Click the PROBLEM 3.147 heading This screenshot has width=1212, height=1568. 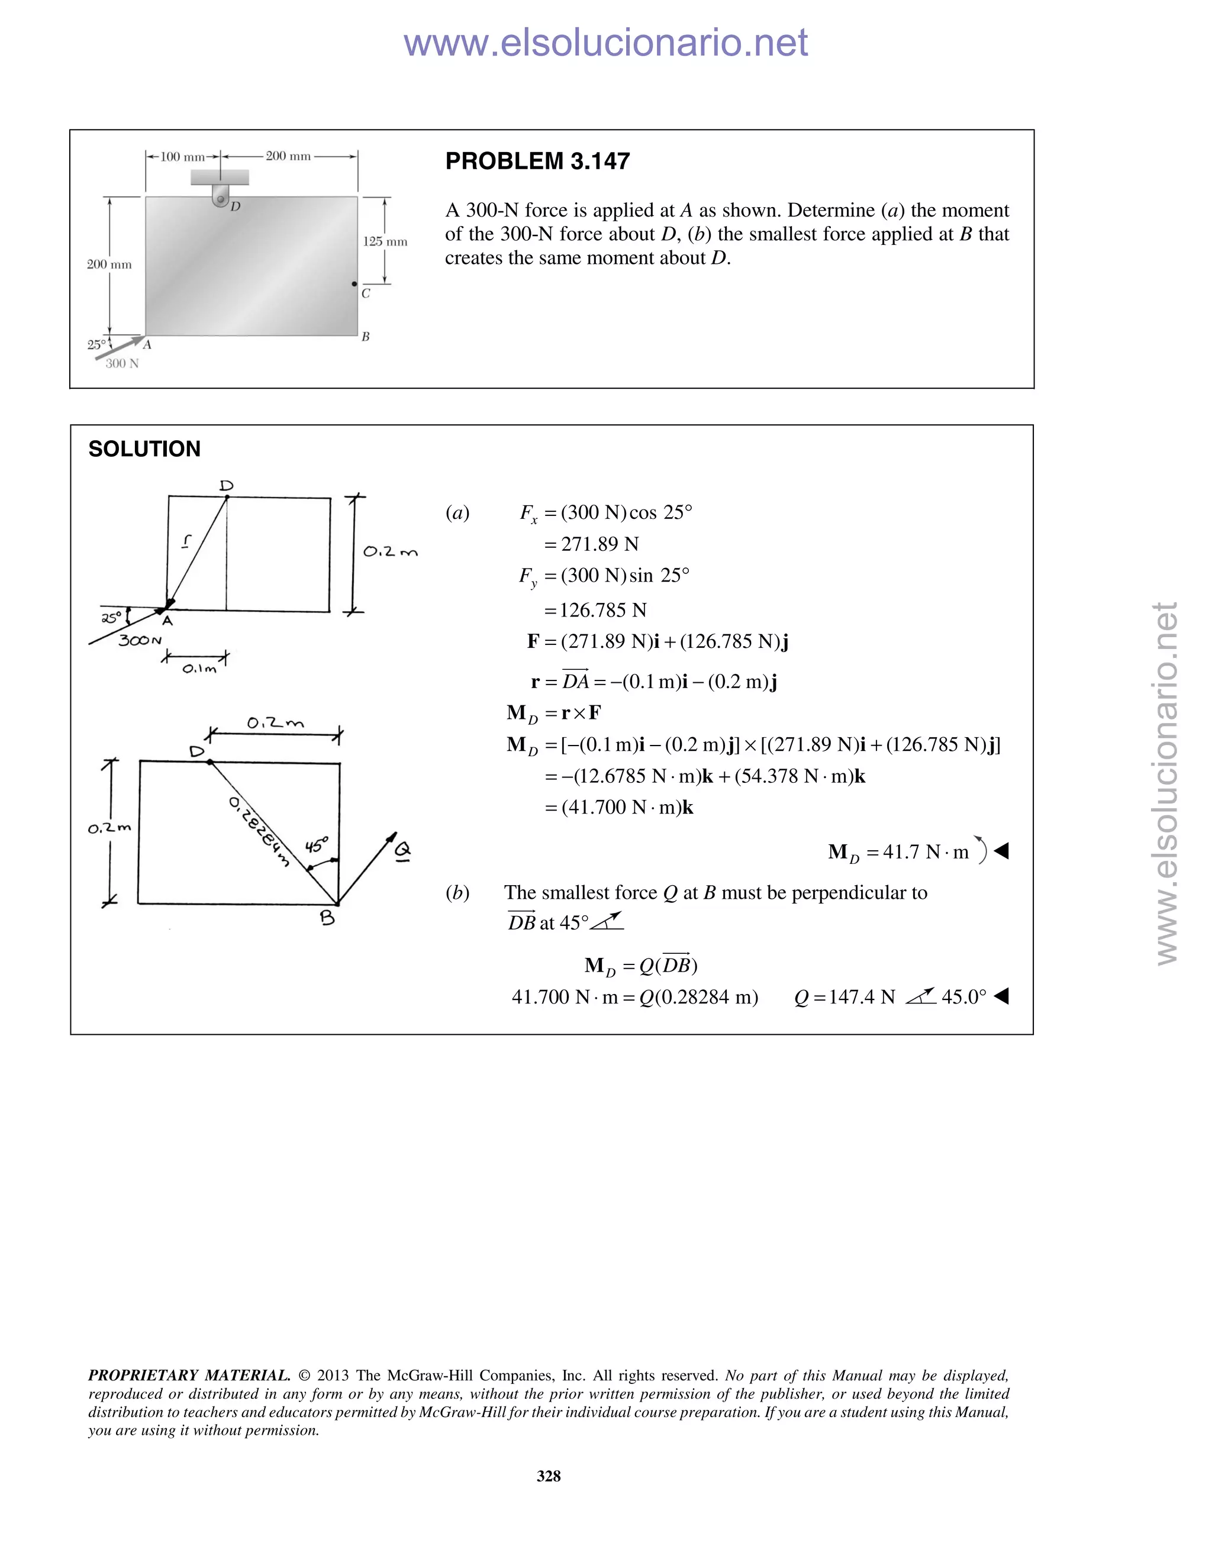tap(537, 161)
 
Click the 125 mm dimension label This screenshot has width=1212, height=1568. tap(385, 241)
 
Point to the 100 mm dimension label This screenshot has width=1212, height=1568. tap(182, 157)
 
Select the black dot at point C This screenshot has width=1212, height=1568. tap(354, 284)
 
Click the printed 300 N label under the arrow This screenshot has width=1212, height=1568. tap(122, 363)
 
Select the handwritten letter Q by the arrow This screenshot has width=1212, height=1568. tap(403, 851)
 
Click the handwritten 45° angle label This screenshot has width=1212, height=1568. tap(317, 844)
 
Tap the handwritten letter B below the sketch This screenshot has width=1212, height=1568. tap(327, 918)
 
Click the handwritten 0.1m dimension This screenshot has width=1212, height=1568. tap(198, 669)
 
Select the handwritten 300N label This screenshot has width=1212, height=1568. tap(140, 640)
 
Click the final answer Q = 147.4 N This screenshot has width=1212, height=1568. tap(845, 996)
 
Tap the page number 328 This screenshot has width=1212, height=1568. tap(549, 1476)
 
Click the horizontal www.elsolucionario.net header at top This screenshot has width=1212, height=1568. tap(605, 43)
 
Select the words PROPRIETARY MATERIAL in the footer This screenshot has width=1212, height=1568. tap(189, 1376)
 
